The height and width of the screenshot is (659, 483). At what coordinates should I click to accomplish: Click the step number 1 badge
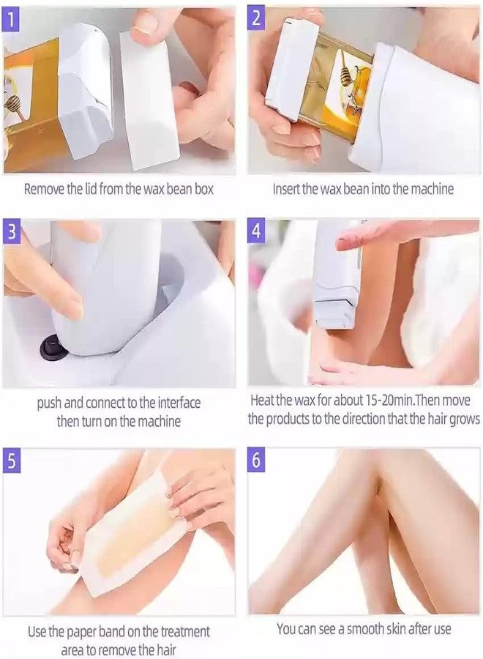click(x=11, y=18)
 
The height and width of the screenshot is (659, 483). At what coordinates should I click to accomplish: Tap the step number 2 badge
click(x=256, y=18)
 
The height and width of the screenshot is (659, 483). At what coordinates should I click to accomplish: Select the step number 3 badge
click(x=11, y=231)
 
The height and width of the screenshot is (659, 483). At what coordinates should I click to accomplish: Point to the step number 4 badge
click(x=256, y=231)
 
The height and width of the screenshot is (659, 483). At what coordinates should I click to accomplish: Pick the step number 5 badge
click(x=11, y=461)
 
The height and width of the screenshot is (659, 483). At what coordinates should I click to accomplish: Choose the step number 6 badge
click(x=256, y=461)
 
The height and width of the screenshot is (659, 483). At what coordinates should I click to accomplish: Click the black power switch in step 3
click(x=53, y=349)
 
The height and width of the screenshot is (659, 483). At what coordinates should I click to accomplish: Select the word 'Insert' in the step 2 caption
click(x=286, y=189)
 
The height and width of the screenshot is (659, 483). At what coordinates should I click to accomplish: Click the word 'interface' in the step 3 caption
click(x=179, y=403)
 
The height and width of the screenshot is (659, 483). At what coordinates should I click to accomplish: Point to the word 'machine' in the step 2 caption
click(x=433, y=189)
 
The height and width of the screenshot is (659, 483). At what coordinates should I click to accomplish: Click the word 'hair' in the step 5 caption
click(x=166, y=649)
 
